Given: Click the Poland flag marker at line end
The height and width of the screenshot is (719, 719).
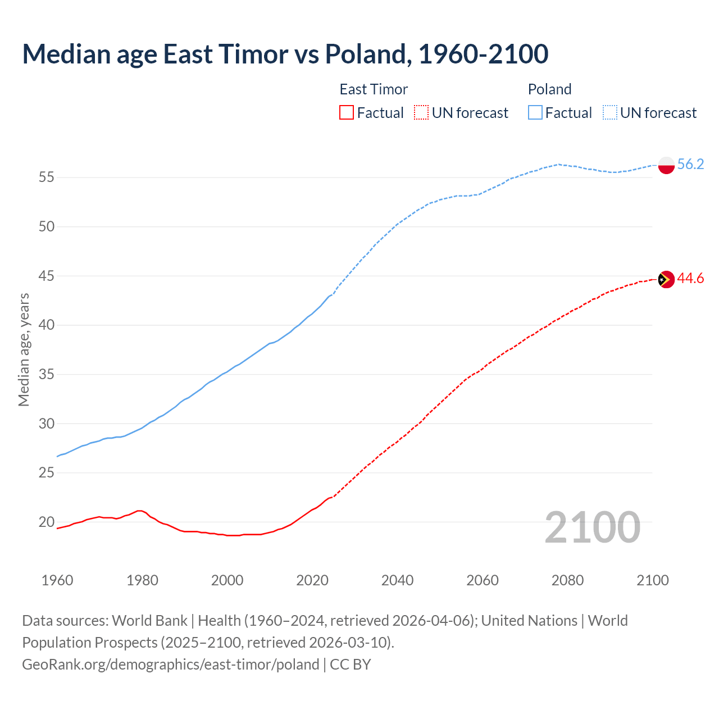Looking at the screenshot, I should [x=666, y=165].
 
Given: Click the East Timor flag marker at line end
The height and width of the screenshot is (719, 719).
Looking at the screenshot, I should [x=666, y=279].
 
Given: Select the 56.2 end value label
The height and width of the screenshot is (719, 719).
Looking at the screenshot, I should [x=690, y=164].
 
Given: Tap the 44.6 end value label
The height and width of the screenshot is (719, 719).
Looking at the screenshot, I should [x=690, y=279].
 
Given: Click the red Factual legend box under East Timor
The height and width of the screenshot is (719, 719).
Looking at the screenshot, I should [x=347, y=113].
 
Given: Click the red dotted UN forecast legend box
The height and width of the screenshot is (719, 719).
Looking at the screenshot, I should [x=421, y=113].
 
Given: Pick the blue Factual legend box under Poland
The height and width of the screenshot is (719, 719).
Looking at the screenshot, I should [x=535, y=113].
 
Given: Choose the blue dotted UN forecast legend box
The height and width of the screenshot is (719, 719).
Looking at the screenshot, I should [x=610, y=113].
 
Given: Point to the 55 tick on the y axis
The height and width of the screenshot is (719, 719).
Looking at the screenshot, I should [x=47, y=178].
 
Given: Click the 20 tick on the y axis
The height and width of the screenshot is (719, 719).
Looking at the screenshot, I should [x=47, y=522].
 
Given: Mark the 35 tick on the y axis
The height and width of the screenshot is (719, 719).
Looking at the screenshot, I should [x=47, y=375].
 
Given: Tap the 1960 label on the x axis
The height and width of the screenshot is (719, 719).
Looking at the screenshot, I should [x=57, y=580].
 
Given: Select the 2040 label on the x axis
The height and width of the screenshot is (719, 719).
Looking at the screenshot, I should [x=397, y=580].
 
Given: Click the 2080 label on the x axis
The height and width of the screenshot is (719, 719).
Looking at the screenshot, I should [x=567, y=580].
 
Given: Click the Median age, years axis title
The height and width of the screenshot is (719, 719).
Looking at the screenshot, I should [x=24, y=349].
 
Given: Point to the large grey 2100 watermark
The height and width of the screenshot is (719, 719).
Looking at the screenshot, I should [x=592, y=527].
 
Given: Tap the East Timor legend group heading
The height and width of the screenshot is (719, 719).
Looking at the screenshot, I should [x=374, y=89].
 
